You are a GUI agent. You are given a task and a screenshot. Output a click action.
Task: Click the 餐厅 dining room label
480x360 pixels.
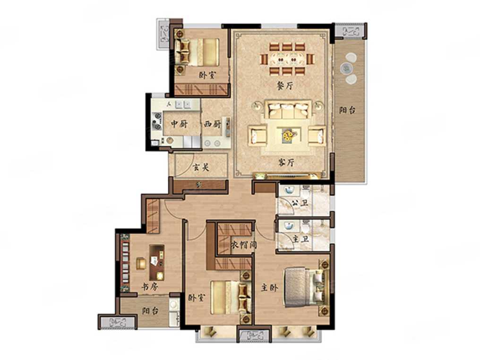coord(285,86)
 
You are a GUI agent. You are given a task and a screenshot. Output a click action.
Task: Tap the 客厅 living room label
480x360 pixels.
coord(286,162)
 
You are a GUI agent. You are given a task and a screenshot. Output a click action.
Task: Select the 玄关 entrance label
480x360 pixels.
coord(201,167)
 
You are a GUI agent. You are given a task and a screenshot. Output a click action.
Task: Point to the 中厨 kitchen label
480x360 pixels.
coord(180,124)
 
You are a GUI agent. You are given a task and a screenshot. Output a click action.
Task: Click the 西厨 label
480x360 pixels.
coord(212,124)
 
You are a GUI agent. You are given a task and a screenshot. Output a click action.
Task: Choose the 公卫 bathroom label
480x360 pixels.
coord(300,203)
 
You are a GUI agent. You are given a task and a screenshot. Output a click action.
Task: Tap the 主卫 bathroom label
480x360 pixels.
coord(300,239)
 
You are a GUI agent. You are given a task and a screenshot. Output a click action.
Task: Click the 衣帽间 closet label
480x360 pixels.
coord(244,245)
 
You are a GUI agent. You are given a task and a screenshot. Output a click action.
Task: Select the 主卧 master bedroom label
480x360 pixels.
coord(269,287)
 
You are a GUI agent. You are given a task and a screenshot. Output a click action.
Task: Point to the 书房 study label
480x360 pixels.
coord(150,287)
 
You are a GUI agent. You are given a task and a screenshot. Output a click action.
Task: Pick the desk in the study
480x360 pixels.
coord(157,263)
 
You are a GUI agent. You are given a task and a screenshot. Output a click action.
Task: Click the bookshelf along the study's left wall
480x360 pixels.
coord(125,263)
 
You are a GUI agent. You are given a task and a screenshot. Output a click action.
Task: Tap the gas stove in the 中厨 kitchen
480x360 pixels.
coord(157,121)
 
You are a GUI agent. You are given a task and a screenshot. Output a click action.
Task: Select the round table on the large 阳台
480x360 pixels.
coord(347,68)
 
